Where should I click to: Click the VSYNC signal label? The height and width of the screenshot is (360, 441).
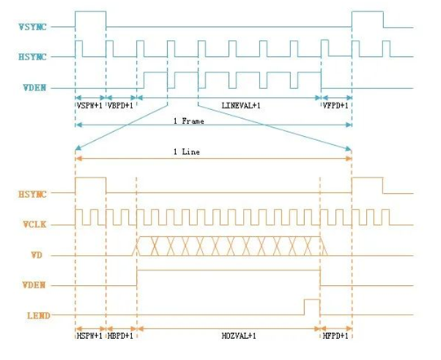(33, 27)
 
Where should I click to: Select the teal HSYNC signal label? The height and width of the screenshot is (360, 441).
(33, 57)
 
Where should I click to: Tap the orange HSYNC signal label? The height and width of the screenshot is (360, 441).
(33, 194)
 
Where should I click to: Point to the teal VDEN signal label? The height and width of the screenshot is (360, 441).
(34, 88)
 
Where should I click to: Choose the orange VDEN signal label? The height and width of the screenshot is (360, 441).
(34, 285)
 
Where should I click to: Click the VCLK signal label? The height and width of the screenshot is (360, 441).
(34, 224)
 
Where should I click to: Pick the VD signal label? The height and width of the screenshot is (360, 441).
(37, 255)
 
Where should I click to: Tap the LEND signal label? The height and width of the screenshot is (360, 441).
(38, 315)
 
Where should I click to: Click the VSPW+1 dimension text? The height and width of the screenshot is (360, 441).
(90, 106)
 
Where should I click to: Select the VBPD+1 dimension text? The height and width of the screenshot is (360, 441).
(121, 106)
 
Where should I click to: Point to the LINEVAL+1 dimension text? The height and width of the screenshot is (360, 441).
(241, 106)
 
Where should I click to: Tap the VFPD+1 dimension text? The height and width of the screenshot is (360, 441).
(336, 106)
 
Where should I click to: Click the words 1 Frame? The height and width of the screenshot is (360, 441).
(189, 121)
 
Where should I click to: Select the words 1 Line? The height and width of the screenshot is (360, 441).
(187, 152)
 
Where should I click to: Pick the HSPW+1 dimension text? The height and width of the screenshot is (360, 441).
(90, 336)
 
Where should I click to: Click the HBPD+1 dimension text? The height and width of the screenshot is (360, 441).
(121, 336)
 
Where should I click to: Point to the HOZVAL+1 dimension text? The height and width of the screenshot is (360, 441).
(239, 336)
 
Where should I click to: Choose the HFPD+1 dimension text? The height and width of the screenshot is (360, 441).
(336, 336)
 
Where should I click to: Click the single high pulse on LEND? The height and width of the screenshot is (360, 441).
(312, 300)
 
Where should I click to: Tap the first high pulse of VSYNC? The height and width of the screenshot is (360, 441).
(90, 11)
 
